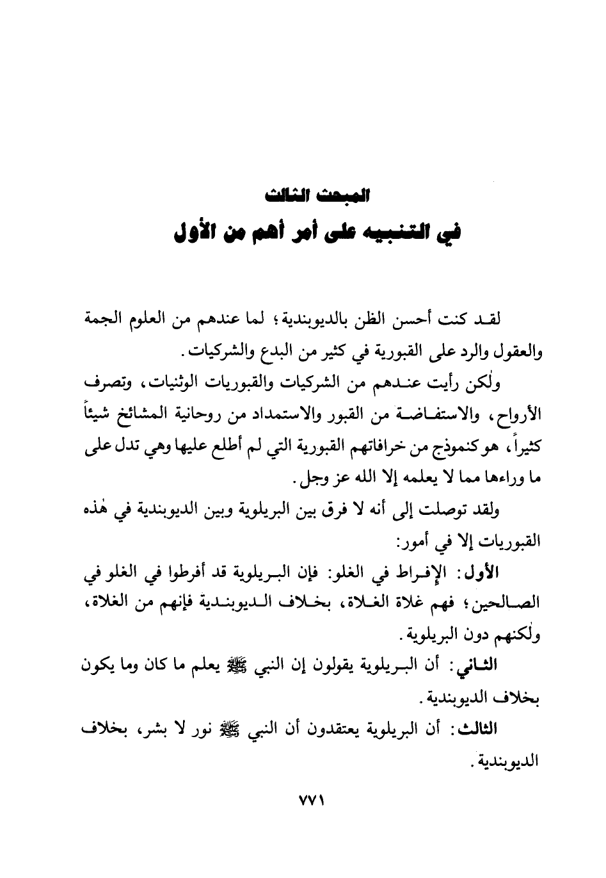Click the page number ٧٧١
click(303, 802)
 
